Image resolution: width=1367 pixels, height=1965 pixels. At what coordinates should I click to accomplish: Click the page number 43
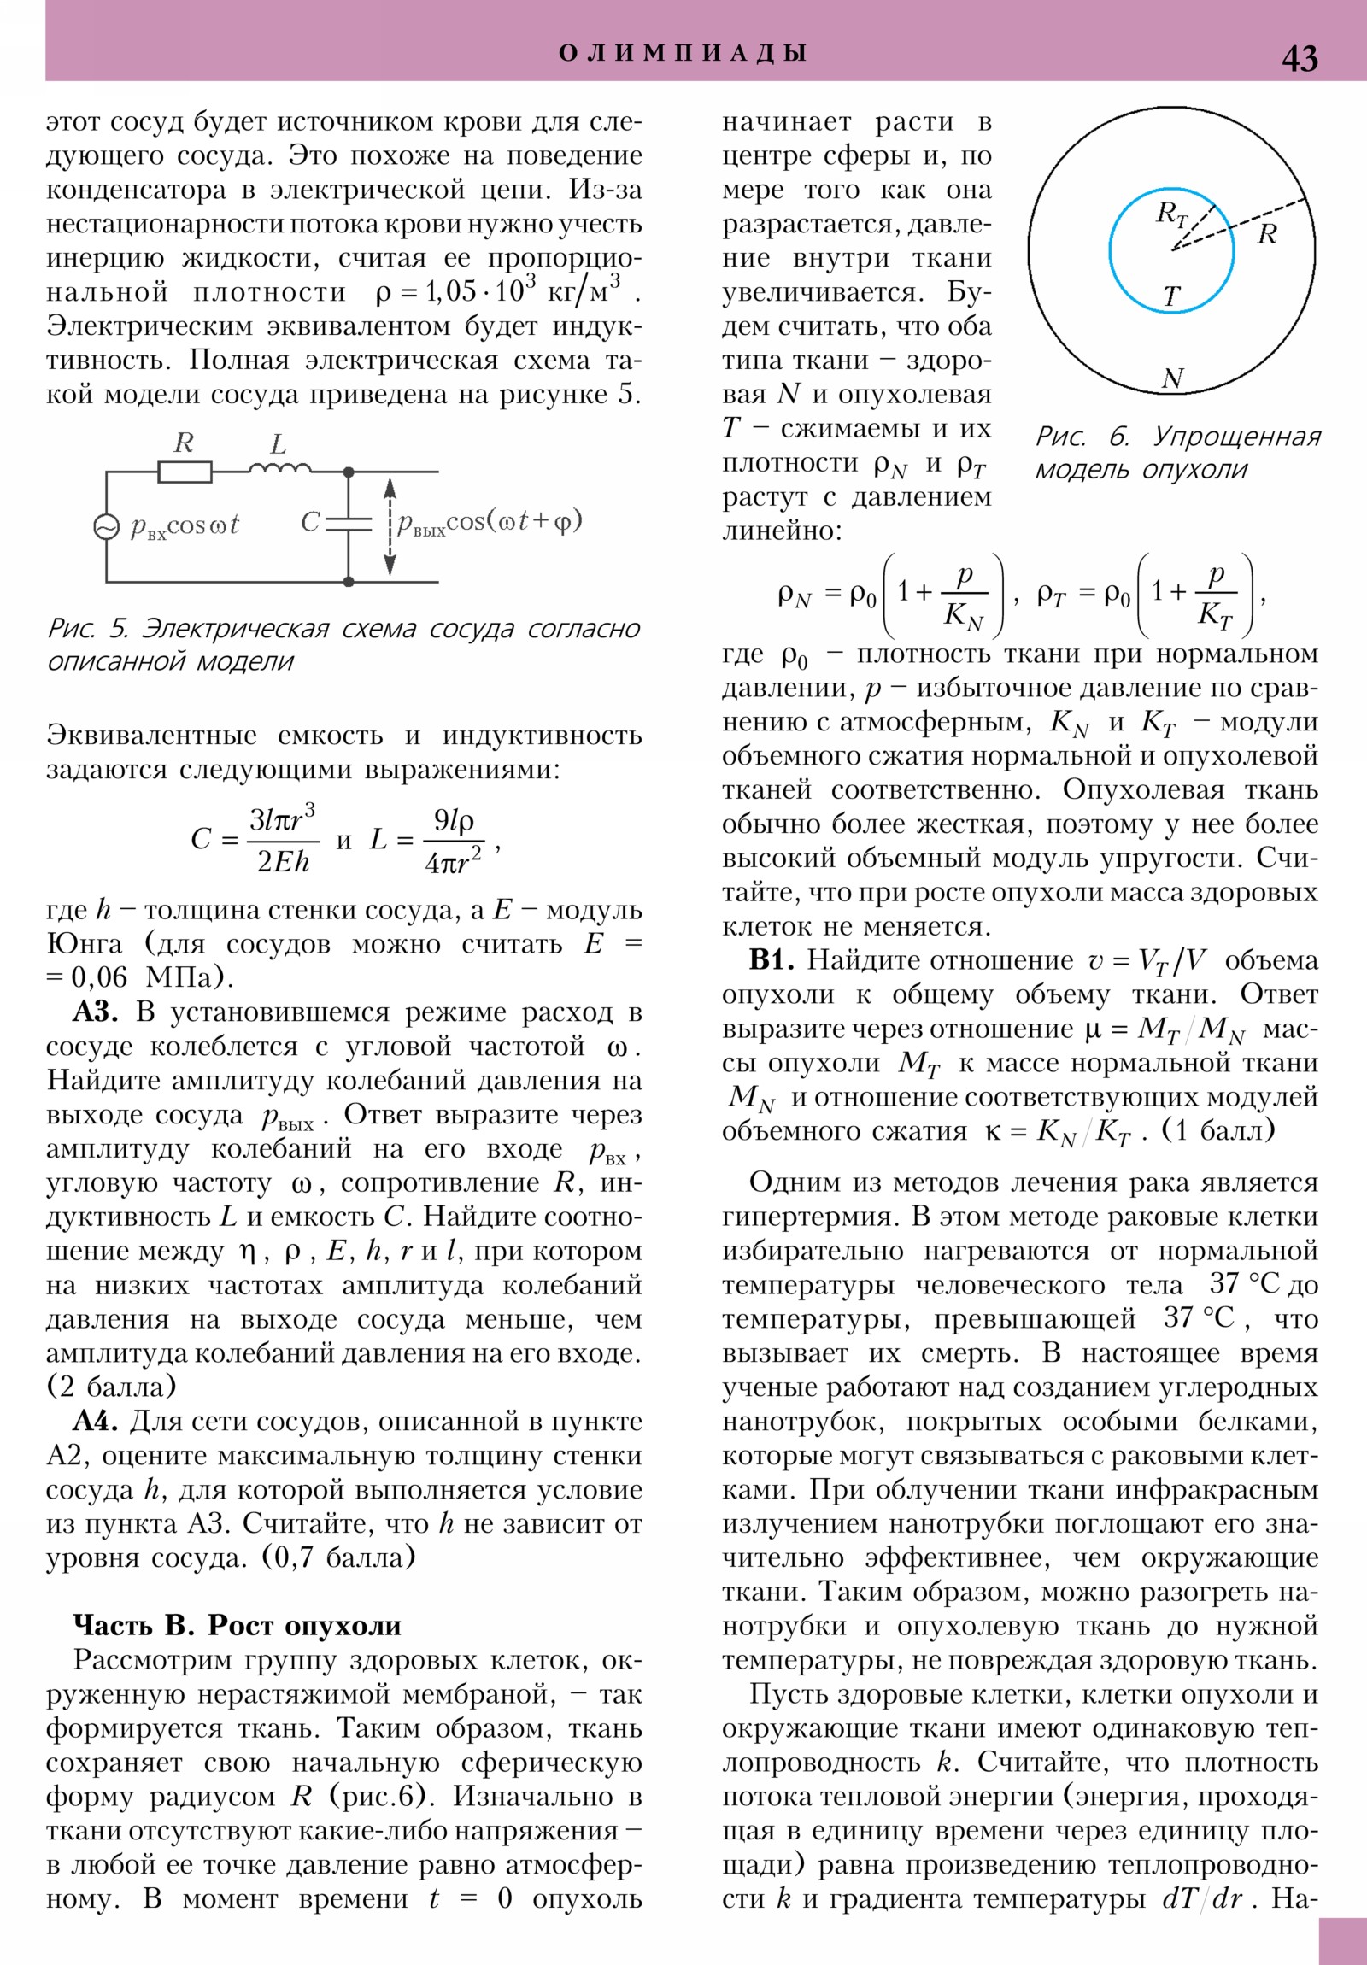coord(1299,58)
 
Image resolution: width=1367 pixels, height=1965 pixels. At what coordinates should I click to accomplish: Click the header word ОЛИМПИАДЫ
coord(683,53)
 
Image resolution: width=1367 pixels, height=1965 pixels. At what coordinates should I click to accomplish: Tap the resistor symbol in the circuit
coord(185,472)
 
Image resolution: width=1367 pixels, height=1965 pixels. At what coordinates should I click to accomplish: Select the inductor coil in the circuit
coord(279,468)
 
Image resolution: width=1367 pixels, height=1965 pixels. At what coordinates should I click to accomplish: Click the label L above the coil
coord(279,444)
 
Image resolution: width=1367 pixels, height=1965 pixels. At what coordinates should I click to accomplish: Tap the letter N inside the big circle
coord(1172,378)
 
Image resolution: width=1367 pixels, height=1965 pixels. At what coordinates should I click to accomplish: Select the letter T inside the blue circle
coord(1170,296)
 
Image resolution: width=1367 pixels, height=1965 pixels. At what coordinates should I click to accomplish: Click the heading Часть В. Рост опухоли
coord(238,1624)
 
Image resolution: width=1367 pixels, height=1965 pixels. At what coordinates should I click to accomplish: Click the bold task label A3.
coord(95,1012)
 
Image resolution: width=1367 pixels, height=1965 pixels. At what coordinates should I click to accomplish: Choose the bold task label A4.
coord(95,1421)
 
